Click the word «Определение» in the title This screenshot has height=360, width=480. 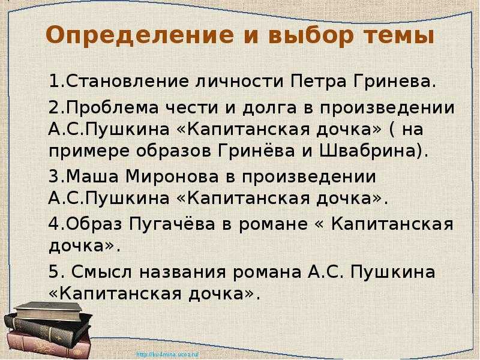[139, 36]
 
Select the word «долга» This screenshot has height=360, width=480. [269, 109]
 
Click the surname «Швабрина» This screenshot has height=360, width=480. [370, 151]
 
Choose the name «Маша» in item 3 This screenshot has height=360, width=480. [92, 176]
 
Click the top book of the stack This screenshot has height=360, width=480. [49, 310]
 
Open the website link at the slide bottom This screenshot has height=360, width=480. [168, 355]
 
